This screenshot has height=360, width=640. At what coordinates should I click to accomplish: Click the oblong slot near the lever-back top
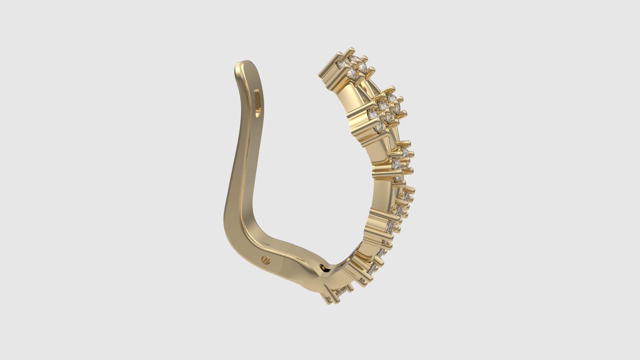(258, 103)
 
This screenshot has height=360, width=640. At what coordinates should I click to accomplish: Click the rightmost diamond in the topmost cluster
(362, 69)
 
